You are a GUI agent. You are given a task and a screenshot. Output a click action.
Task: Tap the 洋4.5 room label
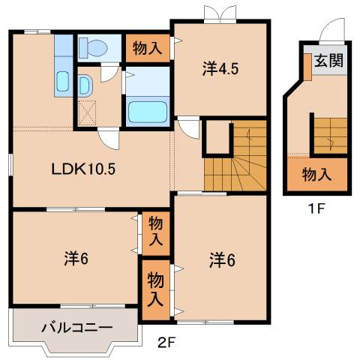point(220,70)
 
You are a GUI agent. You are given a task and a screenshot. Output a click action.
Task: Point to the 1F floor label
point(315,208)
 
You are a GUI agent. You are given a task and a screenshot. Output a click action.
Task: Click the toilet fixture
point(94,48)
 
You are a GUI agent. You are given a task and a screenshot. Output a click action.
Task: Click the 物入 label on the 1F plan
point(316,175)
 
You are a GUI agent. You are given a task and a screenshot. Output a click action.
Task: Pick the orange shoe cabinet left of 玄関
point(307,66)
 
